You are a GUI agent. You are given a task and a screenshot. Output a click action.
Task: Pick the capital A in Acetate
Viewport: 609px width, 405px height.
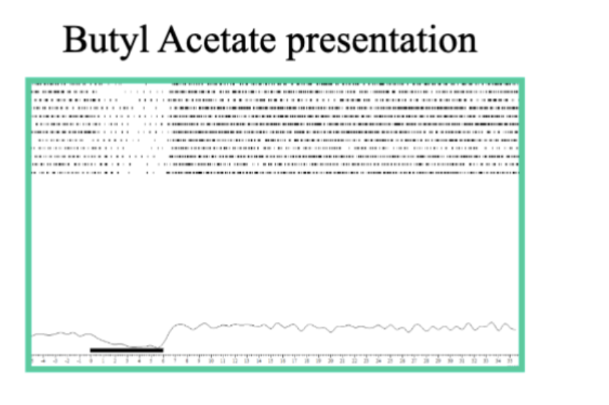tap(171, 40)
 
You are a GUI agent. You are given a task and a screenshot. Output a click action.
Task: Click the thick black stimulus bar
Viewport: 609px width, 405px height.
tap(126, 350)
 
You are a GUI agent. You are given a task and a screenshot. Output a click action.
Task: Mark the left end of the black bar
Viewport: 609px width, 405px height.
tap(91, 350)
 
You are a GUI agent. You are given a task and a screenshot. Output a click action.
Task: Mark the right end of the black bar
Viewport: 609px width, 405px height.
tap(163, 350)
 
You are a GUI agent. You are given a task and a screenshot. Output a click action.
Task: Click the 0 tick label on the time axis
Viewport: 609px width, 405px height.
tap(91, 361)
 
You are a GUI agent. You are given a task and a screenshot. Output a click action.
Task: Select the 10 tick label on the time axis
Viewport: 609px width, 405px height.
tap(211, 361)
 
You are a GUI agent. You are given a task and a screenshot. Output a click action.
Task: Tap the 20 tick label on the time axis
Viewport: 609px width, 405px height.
tap(330, 361)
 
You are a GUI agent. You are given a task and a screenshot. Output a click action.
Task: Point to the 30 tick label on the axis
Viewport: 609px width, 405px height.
tap(450, 361)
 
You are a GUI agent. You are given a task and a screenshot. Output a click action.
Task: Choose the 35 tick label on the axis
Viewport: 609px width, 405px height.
tap(509, 361)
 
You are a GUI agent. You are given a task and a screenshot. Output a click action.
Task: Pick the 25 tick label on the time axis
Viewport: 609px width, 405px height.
tap(390, 361)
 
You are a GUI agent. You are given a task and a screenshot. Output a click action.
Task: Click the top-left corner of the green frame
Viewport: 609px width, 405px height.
tap(28, 80)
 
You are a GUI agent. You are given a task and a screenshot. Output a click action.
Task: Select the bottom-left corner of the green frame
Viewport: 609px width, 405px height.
tap(28, 369)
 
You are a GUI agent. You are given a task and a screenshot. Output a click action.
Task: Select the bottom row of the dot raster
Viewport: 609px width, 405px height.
tap(270, 173)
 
